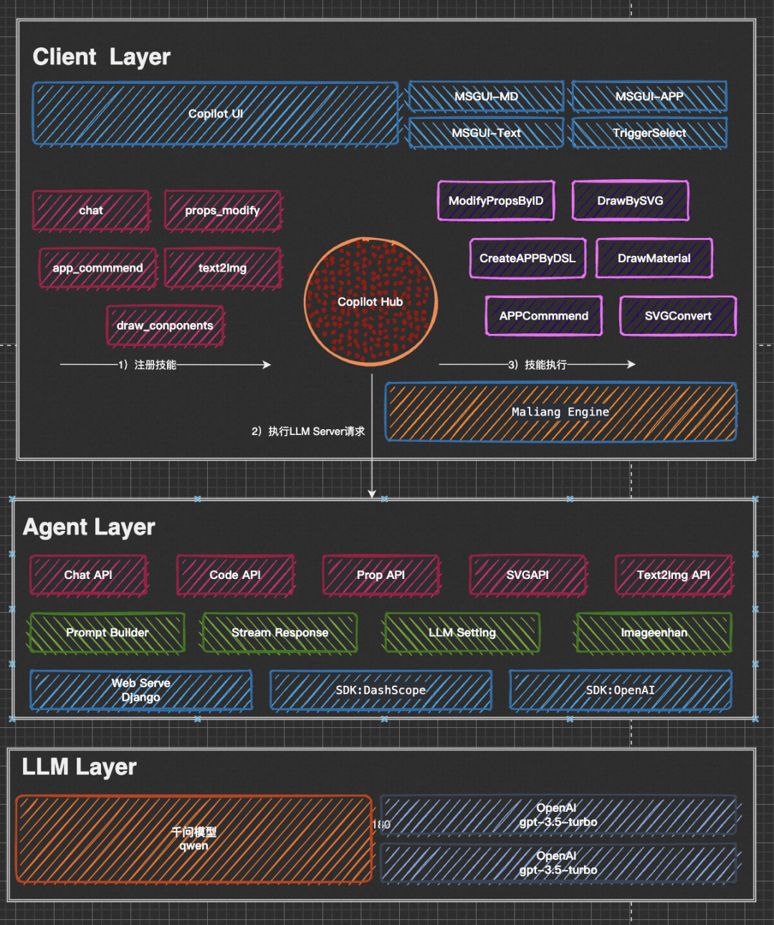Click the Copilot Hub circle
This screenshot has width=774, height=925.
371,302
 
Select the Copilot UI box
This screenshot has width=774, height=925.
215,114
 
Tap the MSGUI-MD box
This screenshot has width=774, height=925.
486,97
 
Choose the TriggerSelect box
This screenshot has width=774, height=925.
649,133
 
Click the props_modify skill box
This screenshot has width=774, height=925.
222,211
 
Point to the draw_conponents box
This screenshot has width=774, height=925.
165,325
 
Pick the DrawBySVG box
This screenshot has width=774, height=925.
630,201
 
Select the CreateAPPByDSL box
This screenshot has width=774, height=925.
527,258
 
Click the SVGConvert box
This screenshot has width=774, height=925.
678,316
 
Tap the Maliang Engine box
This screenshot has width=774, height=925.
560,412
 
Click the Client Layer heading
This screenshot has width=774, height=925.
102,57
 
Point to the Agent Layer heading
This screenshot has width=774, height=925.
89,527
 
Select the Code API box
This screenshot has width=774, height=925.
235,575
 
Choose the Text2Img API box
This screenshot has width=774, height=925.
674,575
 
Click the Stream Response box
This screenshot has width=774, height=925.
279,633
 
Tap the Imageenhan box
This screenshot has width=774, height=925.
654,633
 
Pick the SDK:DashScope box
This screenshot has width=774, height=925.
381,690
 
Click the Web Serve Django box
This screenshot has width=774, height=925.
140,690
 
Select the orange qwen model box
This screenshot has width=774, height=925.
193,839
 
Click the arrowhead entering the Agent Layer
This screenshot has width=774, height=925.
372,494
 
